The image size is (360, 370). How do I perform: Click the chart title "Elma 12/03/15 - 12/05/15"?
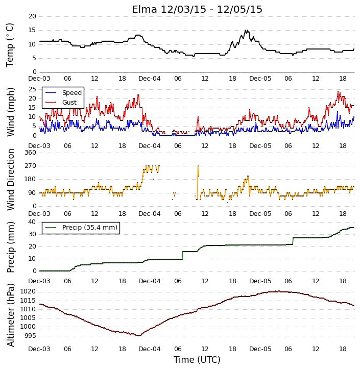[x=197, y=9]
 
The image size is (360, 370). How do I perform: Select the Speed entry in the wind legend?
[x=63, y=93]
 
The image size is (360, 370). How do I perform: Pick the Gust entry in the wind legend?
[x=61, y=103]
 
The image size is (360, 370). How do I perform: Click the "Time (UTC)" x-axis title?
[x=197, y=360]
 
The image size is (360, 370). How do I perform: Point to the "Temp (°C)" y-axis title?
[x=10, y=45]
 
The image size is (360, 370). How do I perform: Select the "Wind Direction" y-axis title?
[x=11, y=180]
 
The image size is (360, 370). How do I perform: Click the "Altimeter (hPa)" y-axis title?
[x=11, y=315]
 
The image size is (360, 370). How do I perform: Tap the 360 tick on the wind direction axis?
[x=31, y=153]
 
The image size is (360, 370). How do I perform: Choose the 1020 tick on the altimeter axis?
[x=28, y=291]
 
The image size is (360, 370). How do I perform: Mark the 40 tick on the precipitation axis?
[x=32, y=222]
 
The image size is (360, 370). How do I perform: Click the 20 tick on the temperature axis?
[x=32, y=16]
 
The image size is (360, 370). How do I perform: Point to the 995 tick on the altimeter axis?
[x=30, y=335]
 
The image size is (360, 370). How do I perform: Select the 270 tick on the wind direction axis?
[x=31, y=166]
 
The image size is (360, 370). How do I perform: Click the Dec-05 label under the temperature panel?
[x=260, y=79]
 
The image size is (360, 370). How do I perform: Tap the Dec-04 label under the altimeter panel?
[x=150, y=349]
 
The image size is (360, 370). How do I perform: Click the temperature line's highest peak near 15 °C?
[x=246, y=30]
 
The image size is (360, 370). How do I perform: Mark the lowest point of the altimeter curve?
[x=139, y=335]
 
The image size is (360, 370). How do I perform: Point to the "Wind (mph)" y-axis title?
[x=11, y=112]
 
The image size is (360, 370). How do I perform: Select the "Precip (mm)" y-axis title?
[x=11, y=247]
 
